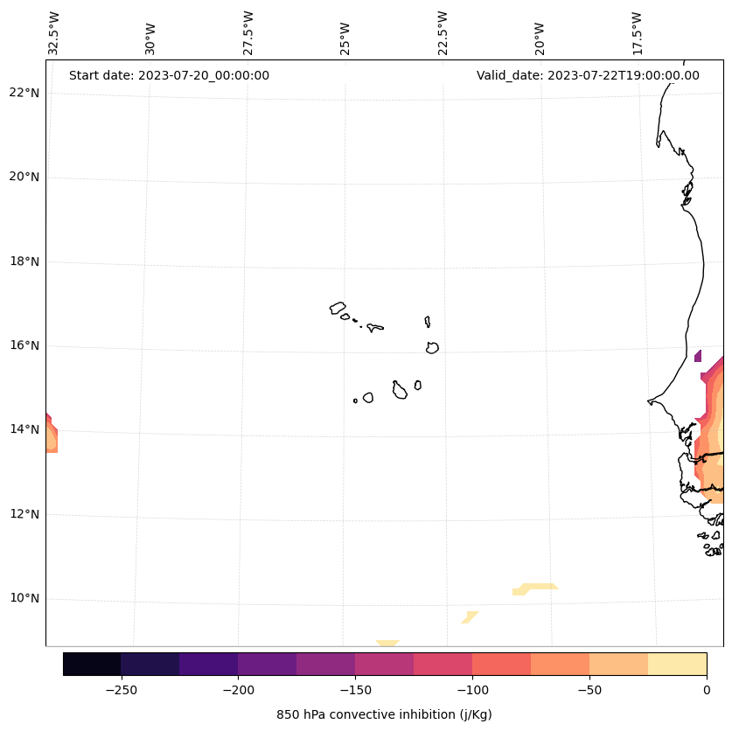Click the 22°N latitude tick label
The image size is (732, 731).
tap(24, 93)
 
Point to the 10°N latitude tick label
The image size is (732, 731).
tap(24, 598)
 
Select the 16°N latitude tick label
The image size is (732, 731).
tap(24, 345)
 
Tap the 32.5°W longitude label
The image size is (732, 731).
tap(54, 33)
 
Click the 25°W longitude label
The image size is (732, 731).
tap(345, 38)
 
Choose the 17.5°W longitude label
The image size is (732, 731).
tap(638, 33)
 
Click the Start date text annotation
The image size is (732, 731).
tap(169, 75)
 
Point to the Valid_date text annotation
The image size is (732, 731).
tap(588, 75)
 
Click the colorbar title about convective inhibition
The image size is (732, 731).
tap(384, 714)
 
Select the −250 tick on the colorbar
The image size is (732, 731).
tap(121, 689)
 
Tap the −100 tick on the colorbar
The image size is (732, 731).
tap(472, 689)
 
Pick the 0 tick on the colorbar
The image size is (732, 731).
tap(706, 689)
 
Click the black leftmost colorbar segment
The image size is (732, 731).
tap(92, 664)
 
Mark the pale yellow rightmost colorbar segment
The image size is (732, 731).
tap(677, 664)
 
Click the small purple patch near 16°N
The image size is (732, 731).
tap(698, 356)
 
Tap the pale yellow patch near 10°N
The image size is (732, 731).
tap(535, 588)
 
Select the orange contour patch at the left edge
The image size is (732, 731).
tap(51, 435)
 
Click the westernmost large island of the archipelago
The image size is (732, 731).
tap(338, 307)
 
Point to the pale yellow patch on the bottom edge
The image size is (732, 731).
tap(387, 644)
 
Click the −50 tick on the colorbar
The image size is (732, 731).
tap(589, 689)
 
